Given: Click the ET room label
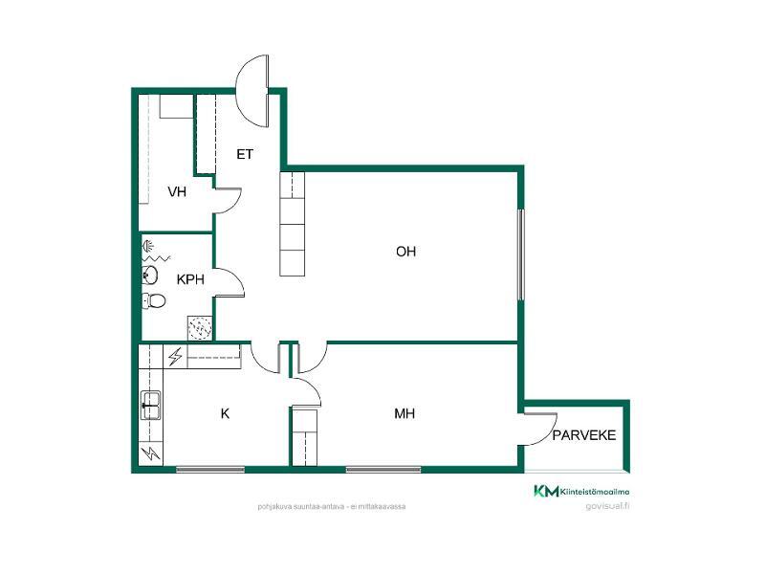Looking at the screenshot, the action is (245, 154).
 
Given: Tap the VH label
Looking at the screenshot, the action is (177, 192).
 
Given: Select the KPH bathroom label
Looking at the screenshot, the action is (190, 279).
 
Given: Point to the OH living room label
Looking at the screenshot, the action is (405, 252).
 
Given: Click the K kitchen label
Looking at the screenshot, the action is (225, 414).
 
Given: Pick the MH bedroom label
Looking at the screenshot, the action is (404, 414).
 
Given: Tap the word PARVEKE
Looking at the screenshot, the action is (584, 435).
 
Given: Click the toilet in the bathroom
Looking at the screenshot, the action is (154, 300).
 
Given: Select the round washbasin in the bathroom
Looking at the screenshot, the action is (150, 276).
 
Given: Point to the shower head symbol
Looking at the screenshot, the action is (148, 246).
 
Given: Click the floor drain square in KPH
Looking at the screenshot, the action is (200, 327).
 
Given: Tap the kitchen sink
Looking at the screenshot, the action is (151, 405).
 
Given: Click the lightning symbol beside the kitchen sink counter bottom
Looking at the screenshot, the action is (151, 453).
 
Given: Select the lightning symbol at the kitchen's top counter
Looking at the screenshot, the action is (175, 356).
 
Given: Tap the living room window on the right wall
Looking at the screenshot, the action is (520, 254).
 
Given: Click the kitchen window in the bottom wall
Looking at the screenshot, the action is (210, 470).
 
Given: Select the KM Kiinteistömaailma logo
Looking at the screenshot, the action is (581, 492).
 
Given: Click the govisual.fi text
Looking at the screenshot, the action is (607, 506).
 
